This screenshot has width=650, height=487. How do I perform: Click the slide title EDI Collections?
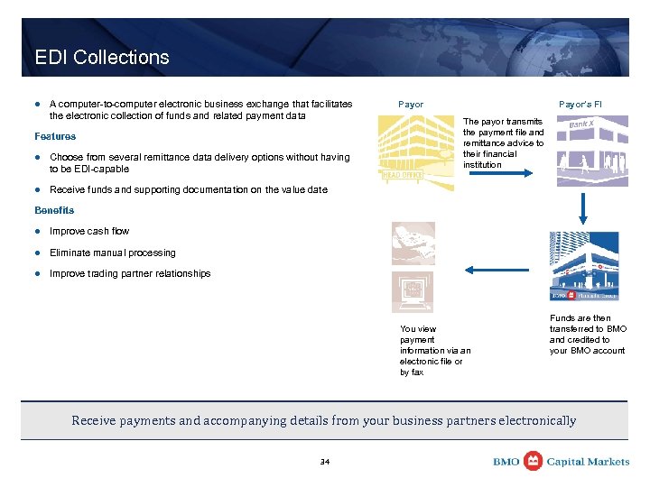(x=102, y=58)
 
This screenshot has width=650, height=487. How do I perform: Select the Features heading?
(x=55, y=136)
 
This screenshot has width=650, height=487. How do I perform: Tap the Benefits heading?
(x=54, y=210)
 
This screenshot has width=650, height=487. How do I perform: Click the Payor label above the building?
(x=411, y=105)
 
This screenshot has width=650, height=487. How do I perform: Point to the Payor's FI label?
(x=580, y=105)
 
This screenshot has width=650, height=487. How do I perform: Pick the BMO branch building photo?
(x=584, y=268)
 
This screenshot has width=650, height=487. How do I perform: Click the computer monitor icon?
(x=413, y=291)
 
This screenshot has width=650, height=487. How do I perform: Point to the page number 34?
(x=325, y=462)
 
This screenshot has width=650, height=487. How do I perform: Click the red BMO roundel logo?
(x=533, y=461)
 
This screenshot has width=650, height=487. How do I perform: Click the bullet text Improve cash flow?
(x=89, y=231)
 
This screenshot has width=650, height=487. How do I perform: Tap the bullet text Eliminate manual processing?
(x=113, y=253)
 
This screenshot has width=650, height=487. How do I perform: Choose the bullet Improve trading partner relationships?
(x=130, y=273)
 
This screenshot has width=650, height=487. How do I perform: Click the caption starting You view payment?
(x=434, y=351)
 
